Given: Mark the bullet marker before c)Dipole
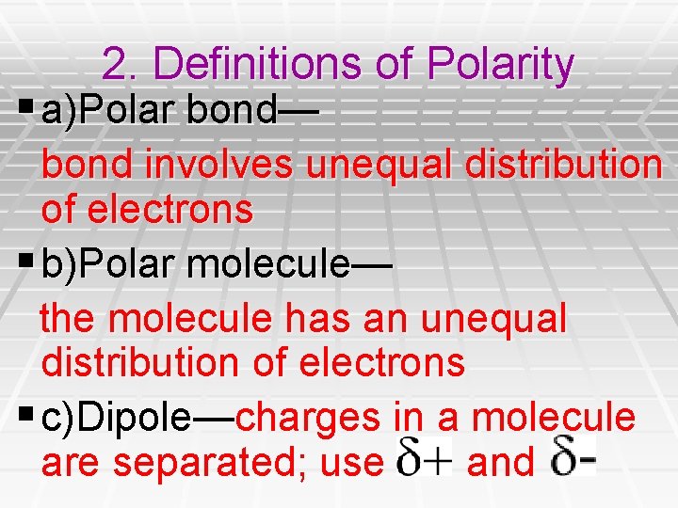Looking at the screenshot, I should [29, 416].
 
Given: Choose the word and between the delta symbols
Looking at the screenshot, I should [500, 462].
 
